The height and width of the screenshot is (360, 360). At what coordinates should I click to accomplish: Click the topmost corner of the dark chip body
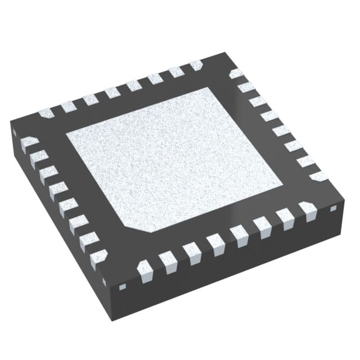[x=225, y=53]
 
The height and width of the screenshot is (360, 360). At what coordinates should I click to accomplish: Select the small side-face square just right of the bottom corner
[x=122, y=287]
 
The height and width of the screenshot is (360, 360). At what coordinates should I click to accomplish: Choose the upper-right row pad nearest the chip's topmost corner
[x=236, y=73]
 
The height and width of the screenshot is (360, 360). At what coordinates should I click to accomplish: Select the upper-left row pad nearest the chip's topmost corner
[x=196, y=65]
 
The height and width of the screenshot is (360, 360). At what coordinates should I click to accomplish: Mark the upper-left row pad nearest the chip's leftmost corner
[x=46, y=112]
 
